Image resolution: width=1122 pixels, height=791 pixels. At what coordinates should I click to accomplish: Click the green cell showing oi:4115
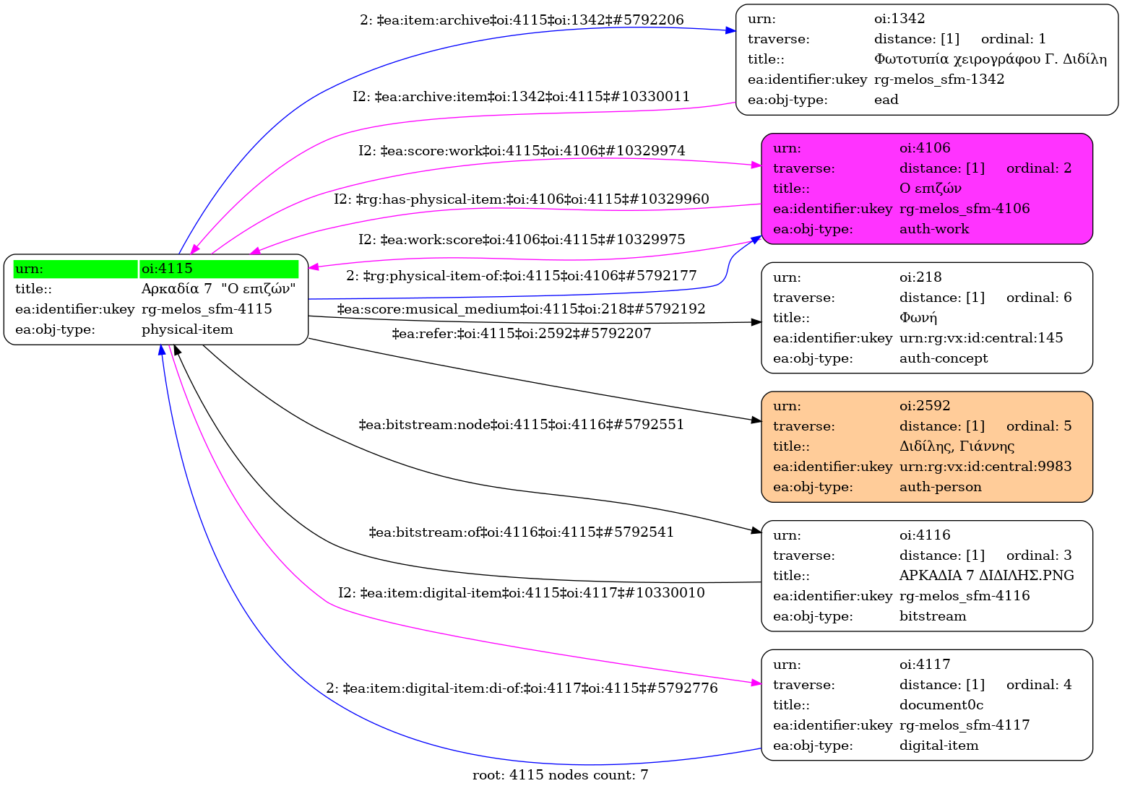point(218,269)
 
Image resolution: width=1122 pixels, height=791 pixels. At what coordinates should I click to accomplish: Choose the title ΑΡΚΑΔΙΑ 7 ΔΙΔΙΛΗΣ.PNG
point(986,576)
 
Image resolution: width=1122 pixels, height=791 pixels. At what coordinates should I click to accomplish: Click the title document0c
point(941,705)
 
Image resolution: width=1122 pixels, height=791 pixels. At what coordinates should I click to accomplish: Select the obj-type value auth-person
point(940,487)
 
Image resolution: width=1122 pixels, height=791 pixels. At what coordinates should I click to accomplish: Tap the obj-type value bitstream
point(932,616)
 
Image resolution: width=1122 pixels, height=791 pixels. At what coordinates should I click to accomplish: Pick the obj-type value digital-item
point(938,745)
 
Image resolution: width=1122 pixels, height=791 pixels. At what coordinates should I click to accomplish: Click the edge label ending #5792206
point(522,20)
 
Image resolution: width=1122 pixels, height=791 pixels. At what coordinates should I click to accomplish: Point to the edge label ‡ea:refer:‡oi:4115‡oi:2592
point(521,334)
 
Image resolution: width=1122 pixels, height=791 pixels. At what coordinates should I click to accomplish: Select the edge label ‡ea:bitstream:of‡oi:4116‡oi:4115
point(521,532)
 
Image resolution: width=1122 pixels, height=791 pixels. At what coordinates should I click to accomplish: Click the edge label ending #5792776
point(522,688)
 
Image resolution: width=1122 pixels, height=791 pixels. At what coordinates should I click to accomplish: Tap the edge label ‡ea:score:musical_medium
point(521,309)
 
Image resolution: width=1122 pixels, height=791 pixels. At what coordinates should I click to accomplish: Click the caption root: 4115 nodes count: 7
point(560,775)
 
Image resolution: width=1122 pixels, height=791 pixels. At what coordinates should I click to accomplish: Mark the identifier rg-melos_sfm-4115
point(207,309)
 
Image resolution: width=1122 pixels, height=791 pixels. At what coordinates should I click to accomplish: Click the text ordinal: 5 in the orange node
point(1038,426)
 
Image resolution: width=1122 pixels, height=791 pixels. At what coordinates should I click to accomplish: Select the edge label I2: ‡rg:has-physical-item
point(521,199)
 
